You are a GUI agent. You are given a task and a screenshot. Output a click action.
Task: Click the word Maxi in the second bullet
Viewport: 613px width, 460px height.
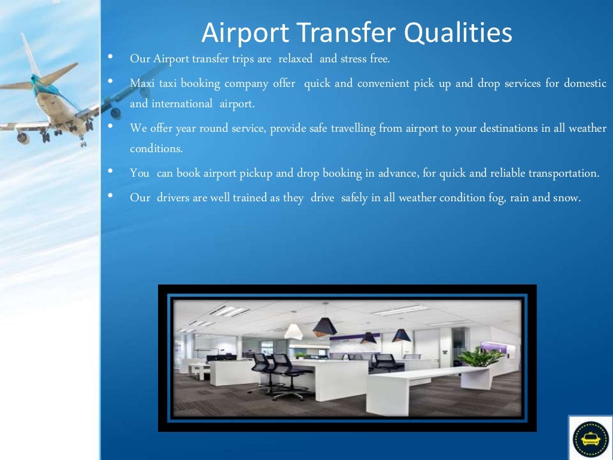[142, 83]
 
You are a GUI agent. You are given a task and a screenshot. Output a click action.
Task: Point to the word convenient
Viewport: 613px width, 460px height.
[383, 83]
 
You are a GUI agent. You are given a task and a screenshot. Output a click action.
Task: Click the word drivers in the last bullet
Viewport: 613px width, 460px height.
[174, 198]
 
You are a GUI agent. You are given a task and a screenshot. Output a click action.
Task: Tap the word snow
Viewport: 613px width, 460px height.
[567, 198]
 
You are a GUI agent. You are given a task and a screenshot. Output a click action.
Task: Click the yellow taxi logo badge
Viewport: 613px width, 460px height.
[590, 439]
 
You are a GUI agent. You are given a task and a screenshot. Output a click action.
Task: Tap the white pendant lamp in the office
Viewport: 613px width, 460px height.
[293, 331]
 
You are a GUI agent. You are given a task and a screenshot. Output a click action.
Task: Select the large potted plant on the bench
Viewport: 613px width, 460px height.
[481, 358]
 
